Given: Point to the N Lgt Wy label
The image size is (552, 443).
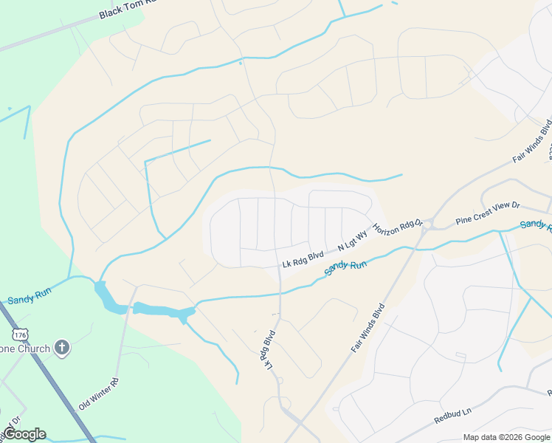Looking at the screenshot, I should pyautogui.click(x=352, y=243).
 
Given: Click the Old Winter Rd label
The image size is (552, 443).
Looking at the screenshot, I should pyautogui.click(x=98, y=394).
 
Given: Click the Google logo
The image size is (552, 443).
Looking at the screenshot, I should pyautogui.click(x=24, y=434).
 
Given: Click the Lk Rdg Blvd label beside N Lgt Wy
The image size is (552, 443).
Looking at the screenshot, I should pyautogui.click(x=303, y=259).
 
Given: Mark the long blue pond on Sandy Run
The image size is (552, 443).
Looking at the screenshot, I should pyautogui.click(x=162, y=310).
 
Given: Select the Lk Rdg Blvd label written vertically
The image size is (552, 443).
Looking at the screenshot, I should pyautogui.click(x=266, y=350).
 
